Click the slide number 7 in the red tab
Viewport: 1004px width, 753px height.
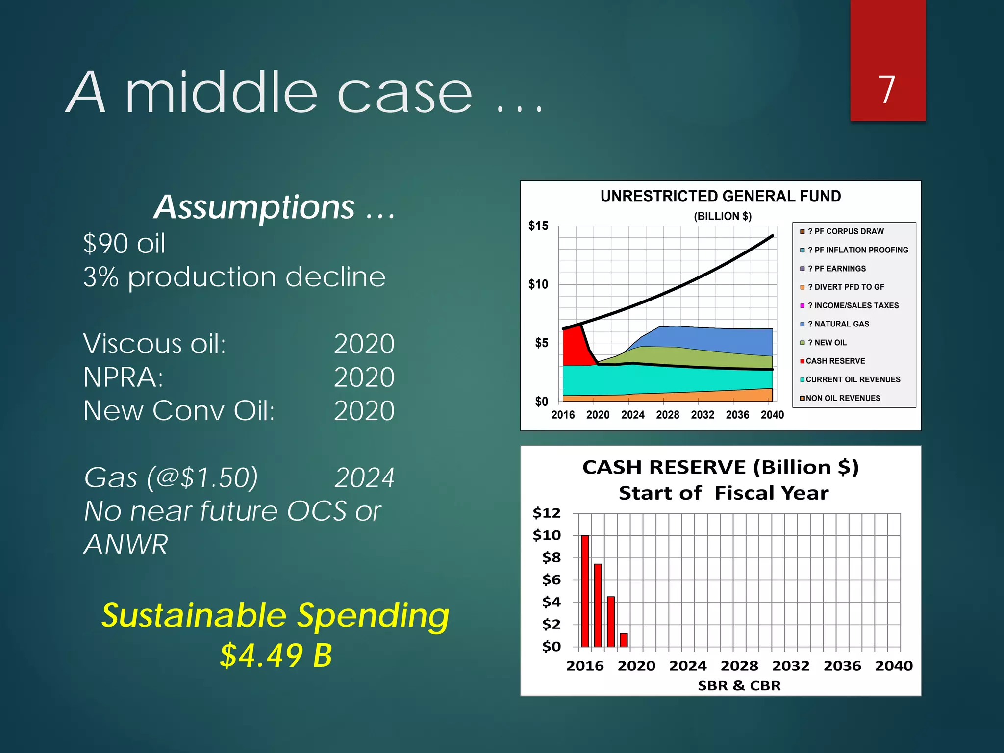[x=887, y=90]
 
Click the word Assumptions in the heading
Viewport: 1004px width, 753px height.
[x=254, y=207]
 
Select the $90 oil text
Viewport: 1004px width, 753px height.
[x=125, y=244]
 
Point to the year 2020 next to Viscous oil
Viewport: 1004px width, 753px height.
[x=364, y=344]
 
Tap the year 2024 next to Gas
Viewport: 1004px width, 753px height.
[x=364, y=477]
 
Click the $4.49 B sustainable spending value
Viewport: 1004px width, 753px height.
[x=276, y=655]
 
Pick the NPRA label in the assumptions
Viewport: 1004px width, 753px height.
[x=123, y=377]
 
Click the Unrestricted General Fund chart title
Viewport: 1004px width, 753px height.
[x=720, y=196]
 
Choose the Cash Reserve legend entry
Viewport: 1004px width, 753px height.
[x=835, y=361]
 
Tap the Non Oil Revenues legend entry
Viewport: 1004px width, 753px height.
[x=842, y=398]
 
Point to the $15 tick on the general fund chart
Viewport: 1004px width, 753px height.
[x=538, y=226]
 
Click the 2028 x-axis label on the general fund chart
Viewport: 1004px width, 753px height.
[x=667, y=415]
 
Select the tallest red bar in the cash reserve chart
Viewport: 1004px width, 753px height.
[x=585, y=591]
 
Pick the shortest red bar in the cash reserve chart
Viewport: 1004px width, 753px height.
[x=624, y=640]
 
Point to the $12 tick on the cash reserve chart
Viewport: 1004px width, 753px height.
[x=546, y=513]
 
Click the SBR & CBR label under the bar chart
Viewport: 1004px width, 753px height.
[x=739, y=685]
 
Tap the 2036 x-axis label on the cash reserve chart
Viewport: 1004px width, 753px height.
[x=842, y=666]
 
